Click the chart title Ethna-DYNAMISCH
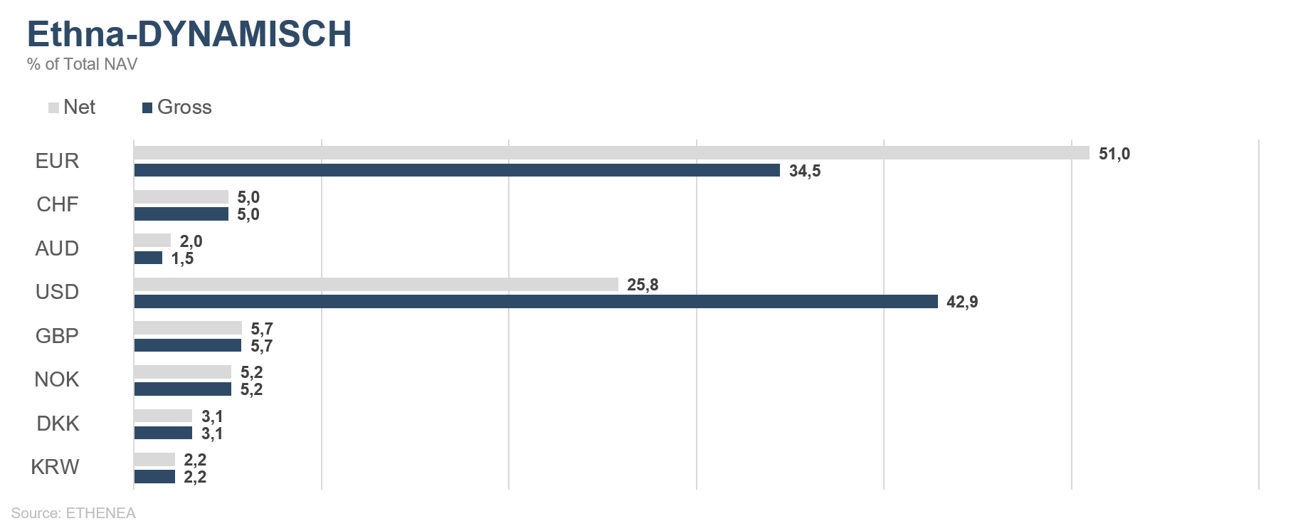click(189, 34)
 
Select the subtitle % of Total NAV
click(82, 64)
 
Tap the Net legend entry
click(72, 107)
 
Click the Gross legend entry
click(177, 107)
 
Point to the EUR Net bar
click(611, 153)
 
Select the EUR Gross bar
click(457, 170)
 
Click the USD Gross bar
click(536, 302)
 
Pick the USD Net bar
click(376, 284)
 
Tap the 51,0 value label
click(1114, 154)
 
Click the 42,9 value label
click(962, 302)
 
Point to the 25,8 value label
click(643, 285)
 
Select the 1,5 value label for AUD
click(182, 258)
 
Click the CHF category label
click(58, 204)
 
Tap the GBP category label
click(57, 336)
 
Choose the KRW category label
click(55, 467)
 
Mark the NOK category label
click(57, 379)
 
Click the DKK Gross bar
click(163, 433)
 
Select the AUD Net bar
click(152, 241)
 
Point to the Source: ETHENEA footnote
click(73, 513)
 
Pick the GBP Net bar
click(188, 328)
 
